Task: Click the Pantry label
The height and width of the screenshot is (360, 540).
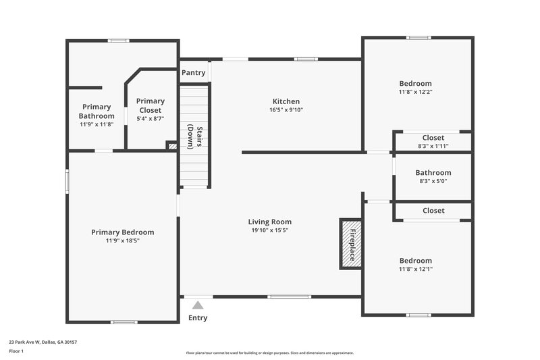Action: click(x=193, y=73)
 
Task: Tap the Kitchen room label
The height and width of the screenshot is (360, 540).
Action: click(x=286, y=101)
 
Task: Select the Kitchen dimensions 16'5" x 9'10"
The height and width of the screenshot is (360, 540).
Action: click(x=286, y=109)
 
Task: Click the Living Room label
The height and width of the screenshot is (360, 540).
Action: click(x=270, y=222)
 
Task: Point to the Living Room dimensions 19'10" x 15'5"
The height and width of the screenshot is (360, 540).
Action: click(x=270, y=230)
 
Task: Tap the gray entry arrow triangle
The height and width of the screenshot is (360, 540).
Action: click(x=198, y=305)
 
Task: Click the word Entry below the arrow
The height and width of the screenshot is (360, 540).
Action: click(x=198, y=318)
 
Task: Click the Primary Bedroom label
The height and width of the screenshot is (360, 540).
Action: click(x=122, y=232)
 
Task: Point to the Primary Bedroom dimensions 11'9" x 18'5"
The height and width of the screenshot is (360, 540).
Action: click(x=122, y=240)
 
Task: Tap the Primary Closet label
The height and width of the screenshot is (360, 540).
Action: click(x=151, y=105)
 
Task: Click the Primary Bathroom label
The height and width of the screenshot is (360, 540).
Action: click(x=97, y=111)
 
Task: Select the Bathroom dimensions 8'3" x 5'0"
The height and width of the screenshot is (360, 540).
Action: click(x=433, y=181)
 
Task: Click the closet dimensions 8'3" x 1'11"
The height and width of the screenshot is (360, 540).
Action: click(x=433, y=146)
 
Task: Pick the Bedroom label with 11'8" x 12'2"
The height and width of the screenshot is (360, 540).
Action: click(x=415, y=84)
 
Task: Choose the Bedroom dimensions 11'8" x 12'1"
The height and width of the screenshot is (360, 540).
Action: click(x=415, y=269)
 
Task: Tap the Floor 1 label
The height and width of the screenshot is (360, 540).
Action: click(x=16, y=351)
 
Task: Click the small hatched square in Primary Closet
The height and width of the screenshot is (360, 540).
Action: click(x=171, y=145)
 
